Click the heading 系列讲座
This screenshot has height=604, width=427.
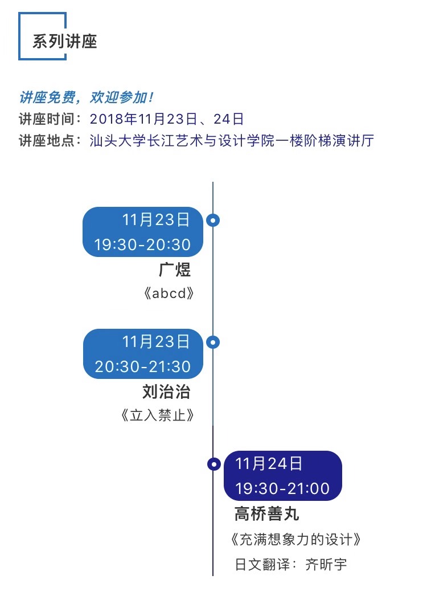(x=65, y=42)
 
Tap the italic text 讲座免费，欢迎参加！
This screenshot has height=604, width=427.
(x=86, y=97)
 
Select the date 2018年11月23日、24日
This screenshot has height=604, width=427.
(x=167, y=119)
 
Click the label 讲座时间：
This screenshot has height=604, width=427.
(x=53, y=119)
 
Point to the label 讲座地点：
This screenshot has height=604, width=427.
(x=53, y=141)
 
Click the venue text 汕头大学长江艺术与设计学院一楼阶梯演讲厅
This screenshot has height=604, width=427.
(x=232, y=141)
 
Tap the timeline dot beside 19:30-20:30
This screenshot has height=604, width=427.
(x=213, y=221)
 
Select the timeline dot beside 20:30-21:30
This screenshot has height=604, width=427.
(x=213, y=342)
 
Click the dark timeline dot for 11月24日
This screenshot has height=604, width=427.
(x=213, y=464)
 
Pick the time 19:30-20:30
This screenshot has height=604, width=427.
(x=142, y=245)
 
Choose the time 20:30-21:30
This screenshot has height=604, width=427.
(x=142, y=367)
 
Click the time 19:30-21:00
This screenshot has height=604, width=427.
(x=282, y=489)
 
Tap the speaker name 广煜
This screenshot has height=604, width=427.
(x=175, y=270)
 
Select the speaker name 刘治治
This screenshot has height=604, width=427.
(x=166, y=392)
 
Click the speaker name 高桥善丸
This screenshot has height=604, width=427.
(x=267, y=514)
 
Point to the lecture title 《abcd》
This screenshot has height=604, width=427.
(x=170, y=294)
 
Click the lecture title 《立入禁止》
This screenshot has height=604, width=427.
(x=158, y=415)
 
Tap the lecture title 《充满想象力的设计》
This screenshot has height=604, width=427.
(x=297, y=538)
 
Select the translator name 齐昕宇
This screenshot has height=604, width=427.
(x=326, y=565)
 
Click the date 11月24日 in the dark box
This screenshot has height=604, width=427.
(x=269, y=464)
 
